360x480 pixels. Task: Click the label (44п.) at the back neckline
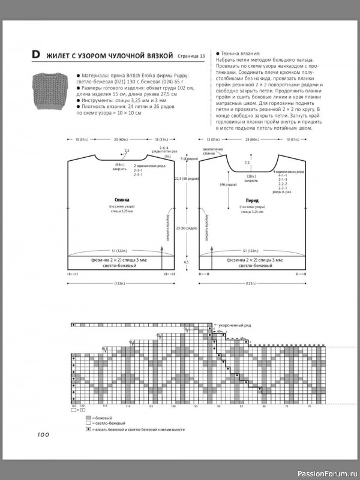tap(120, 164)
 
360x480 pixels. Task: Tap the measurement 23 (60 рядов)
tap(187, 228)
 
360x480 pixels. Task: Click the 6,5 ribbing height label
tap(186, 262)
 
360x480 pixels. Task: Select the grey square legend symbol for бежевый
tap(88, 417)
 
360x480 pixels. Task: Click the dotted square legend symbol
tap(88, 430)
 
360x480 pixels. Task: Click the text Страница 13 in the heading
tap(191, 56)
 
